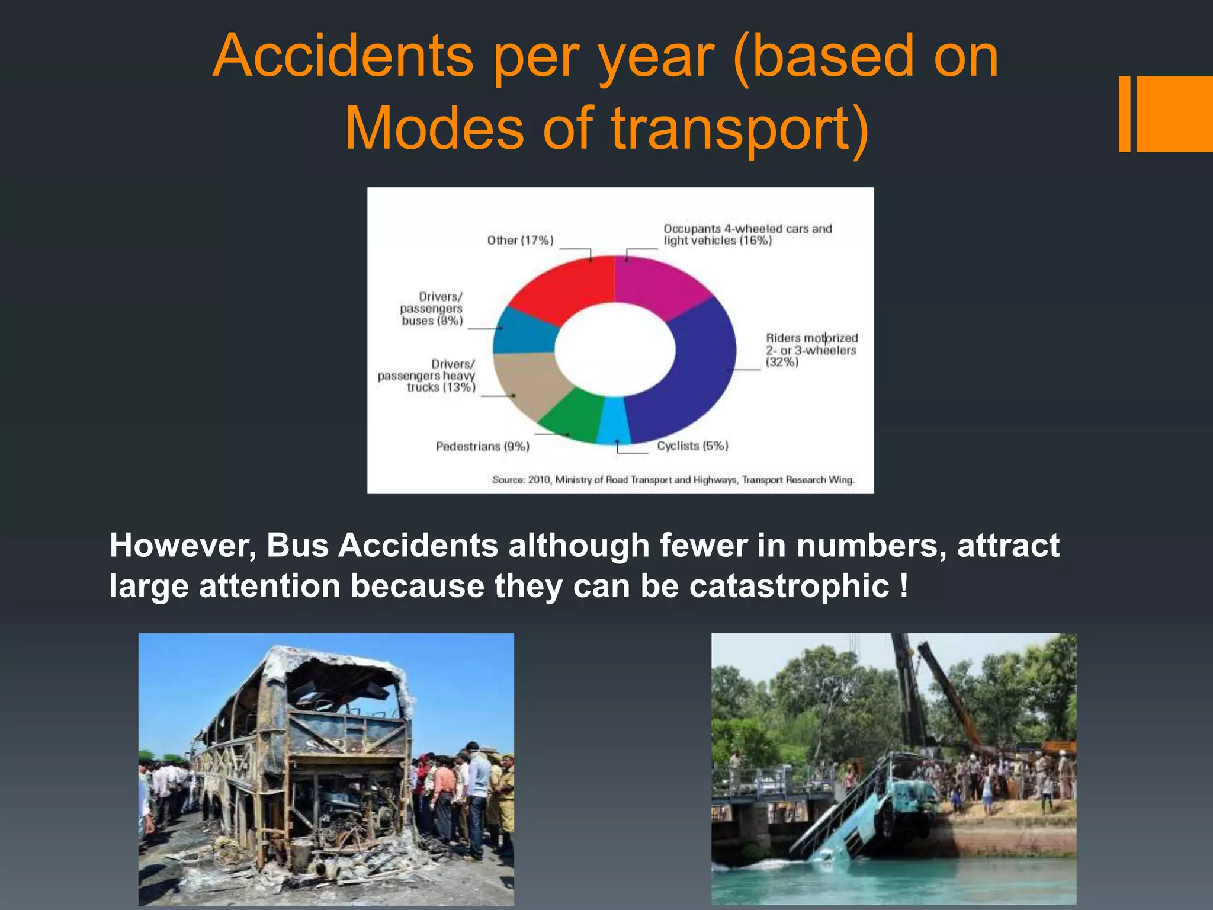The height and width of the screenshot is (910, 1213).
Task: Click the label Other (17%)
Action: [x=520, y=240]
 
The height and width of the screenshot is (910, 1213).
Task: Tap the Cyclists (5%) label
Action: [x=692, y=446]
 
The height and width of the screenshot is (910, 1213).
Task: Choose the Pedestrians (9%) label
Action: [x=482, y=446]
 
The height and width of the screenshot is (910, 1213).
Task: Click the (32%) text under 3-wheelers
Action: [x=782, y=362]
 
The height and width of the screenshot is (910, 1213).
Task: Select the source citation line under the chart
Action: [x=673, y=479]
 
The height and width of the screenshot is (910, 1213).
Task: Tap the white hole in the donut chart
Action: [x=615, y=350]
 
